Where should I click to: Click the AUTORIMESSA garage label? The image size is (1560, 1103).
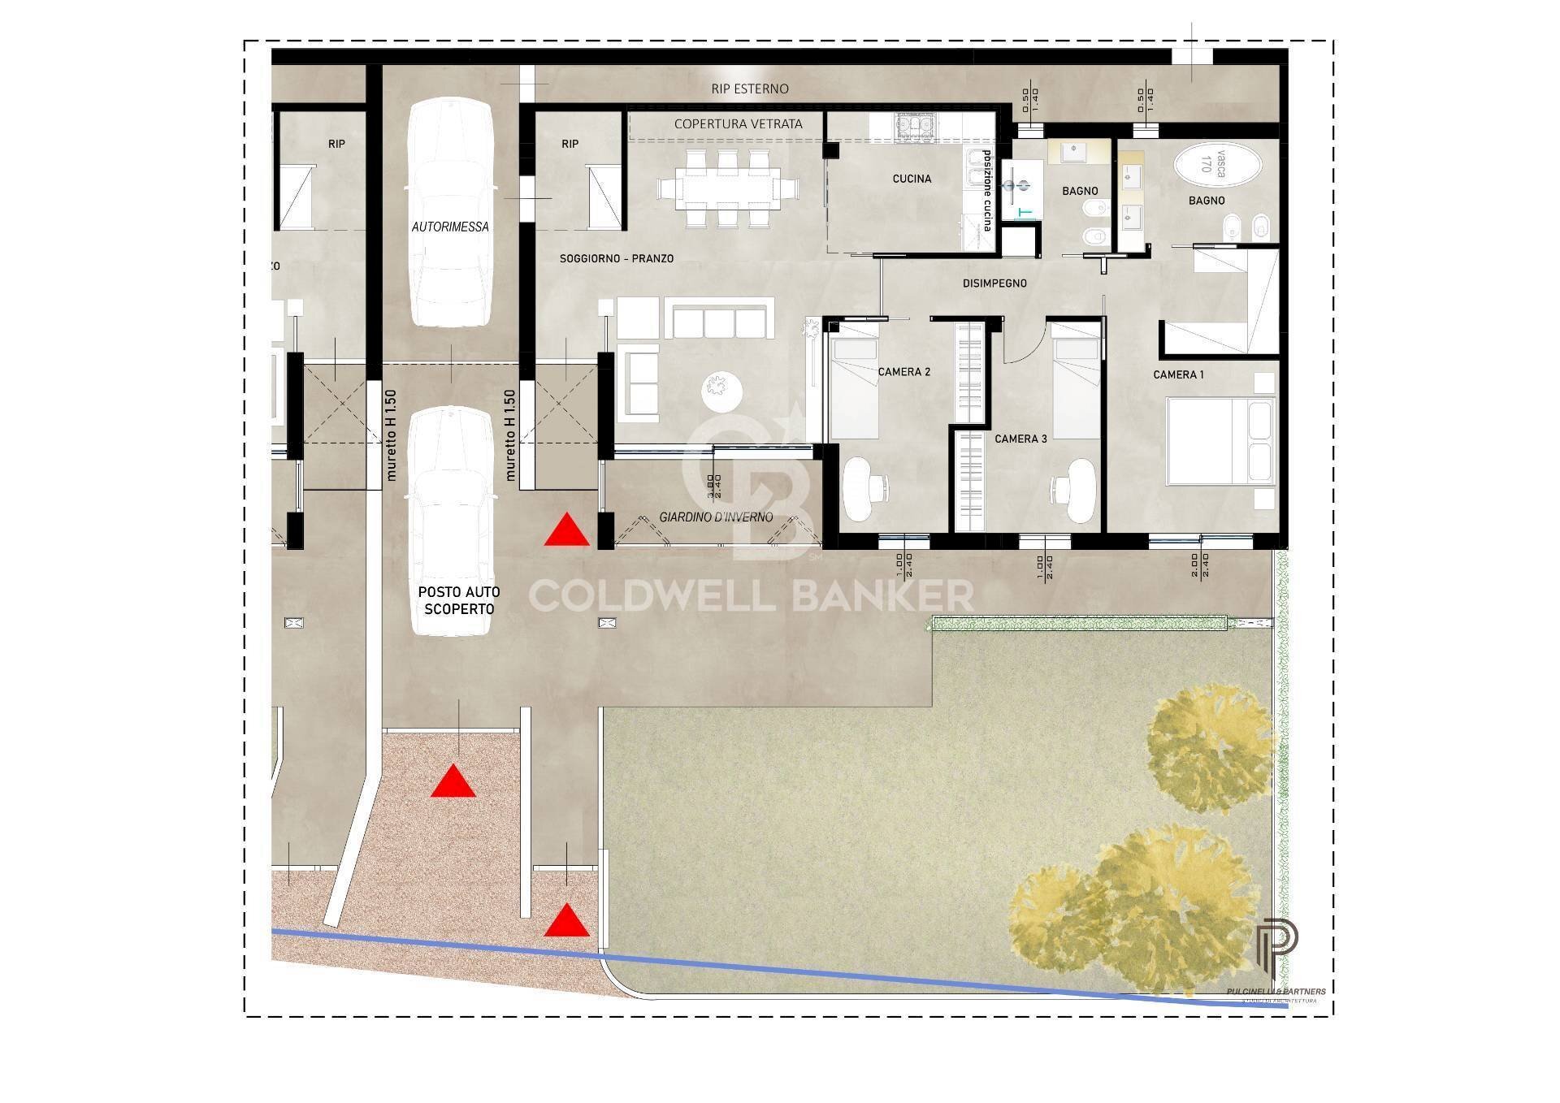[x=450, y=227]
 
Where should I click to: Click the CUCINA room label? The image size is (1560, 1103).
[x=912, y=179]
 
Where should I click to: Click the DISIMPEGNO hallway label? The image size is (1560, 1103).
[x=994, y=283]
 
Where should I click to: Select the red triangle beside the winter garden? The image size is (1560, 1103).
[x=566, y=530]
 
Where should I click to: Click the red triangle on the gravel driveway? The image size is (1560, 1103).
[x=453, y=781]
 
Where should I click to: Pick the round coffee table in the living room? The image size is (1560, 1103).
[x=721, y=392]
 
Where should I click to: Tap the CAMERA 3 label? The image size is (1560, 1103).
[x=1020, y=439]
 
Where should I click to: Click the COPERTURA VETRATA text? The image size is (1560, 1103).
[x=738, y=123]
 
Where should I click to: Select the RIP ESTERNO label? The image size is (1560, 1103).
[x=749, y=89]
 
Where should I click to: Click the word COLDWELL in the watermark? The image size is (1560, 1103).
[x=651, y=596]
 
